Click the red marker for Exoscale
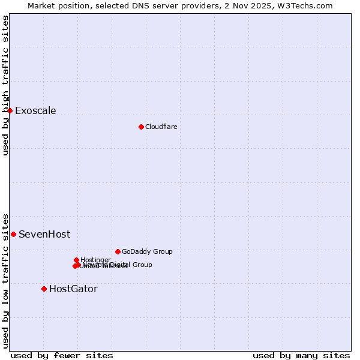[x=10, y=110]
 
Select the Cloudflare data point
[x=141, y=127]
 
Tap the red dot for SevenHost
[x=13, y=234]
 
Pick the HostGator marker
[x=44, y=289]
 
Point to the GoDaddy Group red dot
[x=118, y=251]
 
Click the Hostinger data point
[x=76, y=260]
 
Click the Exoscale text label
[x=35, y=110]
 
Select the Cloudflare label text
[x=161, y=127]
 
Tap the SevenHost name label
[x=44, y=234]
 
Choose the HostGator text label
[x=73, y=289]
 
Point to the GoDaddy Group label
[x=147, y=251]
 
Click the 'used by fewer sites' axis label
[x=62, y=355]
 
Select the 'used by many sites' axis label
[x=301, y=355]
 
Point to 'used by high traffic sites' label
[x=5, y=85]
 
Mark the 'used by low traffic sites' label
[x=5, y=280]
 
